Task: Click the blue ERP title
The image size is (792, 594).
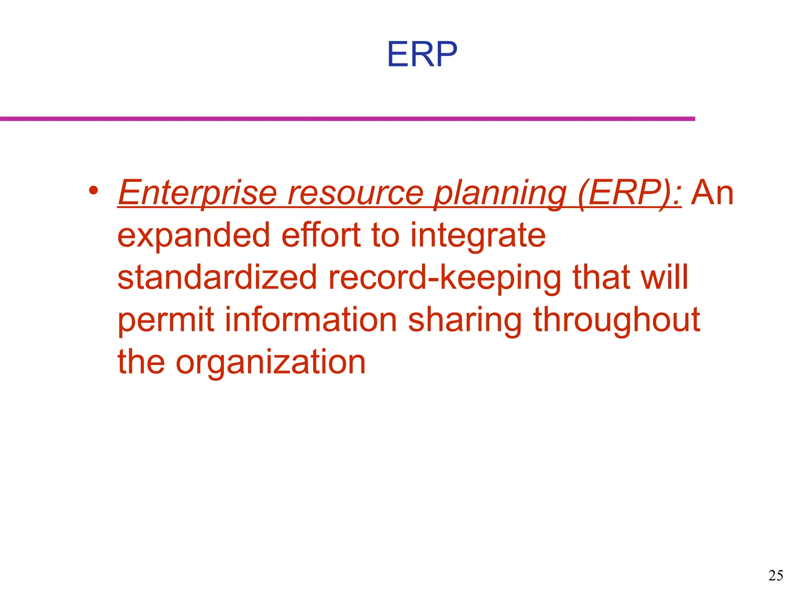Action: pos(422,55)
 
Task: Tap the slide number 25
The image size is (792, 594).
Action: pos(776,576)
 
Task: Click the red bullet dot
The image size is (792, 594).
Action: pos(93,190)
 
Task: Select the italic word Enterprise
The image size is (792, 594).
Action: pos(197,193)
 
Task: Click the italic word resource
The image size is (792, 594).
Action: pos(355,193)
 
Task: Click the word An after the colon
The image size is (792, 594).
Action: pos(712,193)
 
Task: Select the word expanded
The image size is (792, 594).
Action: pos(193,236)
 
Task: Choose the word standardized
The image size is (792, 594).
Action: pos(217,278)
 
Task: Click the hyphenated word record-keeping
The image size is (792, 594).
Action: pos(445,278)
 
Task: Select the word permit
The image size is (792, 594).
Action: pos(166,320)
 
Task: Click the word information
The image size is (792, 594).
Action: pos(311,320)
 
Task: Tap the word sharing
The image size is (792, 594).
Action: pos(465,320)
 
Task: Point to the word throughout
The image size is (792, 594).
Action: pos(617,320)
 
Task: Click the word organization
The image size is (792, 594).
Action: pos(270,363)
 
